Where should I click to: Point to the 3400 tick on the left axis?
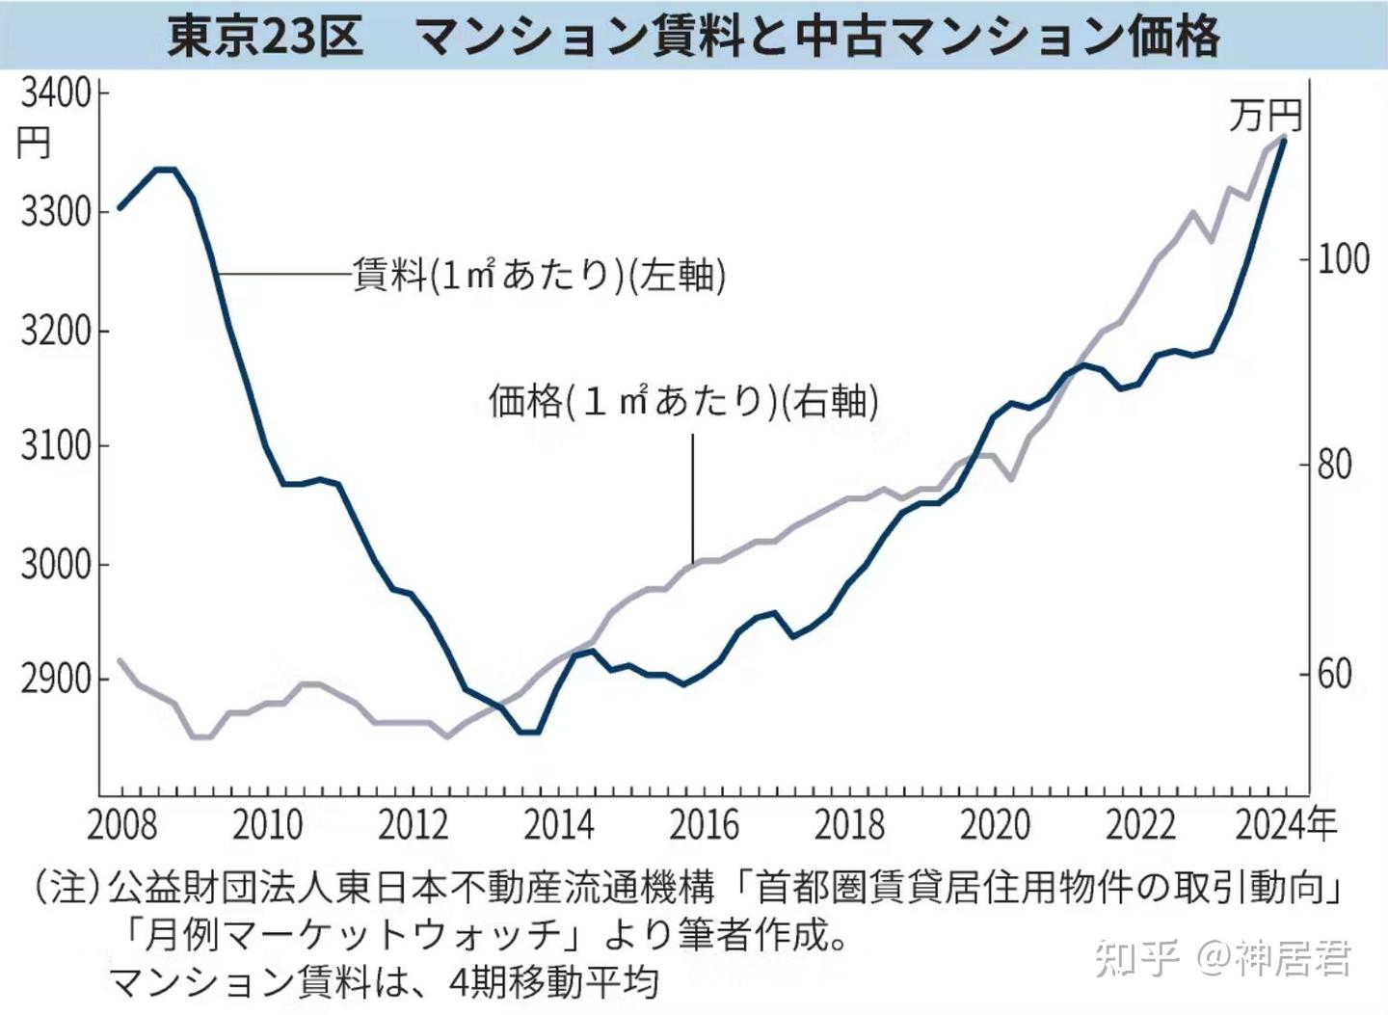point(55,93)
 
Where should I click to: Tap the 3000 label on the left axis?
point(55,564)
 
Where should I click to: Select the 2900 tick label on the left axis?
point(55,680)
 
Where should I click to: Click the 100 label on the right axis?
point(1344,258)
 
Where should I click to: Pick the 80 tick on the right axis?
point(1335,466)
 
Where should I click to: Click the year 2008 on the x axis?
point(121,826)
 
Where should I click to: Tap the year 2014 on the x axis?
point(558,826)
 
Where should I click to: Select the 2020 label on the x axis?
point(995,826)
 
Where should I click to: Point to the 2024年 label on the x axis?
point(1286,826)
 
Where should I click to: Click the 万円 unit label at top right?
point(1265,116)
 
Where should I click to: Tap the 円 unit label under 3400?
point(34,145)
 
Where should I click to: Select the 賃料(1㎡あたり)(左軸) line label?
point(540,276)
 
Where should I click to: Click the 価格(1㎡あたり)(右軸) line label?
point(683,401)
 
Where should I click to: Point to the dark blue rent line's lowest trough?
point(528,732)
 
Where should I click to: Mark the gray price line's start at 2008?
point(120,660)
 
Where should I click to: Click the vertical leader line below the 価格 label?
point(692,496)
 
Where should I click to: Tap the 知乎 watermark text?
point(1137,959)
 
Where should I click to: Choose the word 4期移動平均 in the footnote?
point(553,983)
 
